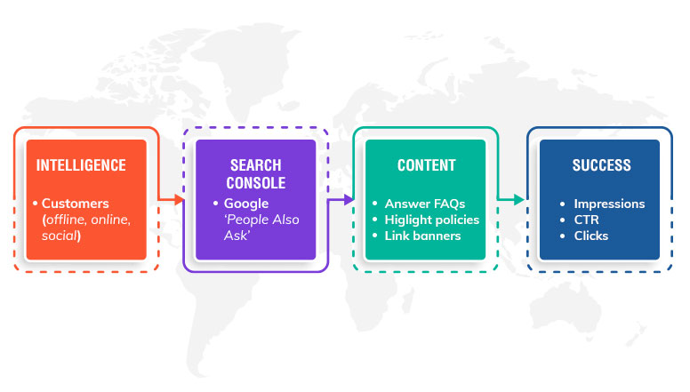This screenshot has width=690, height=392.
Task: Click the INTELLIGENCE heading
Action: pyautogui.click(x=81, y=165)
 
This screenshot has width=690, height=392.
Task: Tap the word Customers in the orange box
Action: pyautogui.click(x=76, y=204)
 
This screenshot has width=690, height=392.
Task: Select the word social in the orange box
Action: pyautogui.click(x=60, y=236)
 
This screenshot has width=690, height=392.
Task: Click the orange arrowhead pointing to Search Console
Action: pyautogui.click(x=179, y=200)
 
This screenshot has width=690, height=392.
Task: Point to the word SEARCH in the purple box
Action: pyautogui.click(x=256, y=165)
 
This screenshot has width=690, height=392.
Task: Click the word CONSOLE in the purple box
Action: pyautogui.click(x=256, y=183)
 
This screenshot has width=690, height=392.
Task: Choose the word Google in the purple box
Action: pyautogui.click(x=246, y=204)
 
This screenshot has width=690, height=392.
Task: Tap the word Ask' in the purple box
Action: pyautogui.click(x=237, y=236)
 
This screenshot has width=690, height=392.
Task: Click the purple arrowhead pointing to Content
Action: pyautogui.click(x=349, y=200)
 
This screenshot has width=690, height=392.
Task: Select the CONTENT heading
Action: pyautogui.click(x=427, y=165)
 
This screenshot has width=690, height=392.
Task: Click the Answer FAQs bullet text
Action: pyautogui.click(x=425, y=204)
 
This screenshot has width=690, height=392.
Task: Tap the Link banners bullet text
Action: pyautogui.click(x=422, y=236)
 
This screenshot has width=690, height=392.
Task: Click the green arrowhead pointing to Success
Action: pyautogui.click(x=518, y=200)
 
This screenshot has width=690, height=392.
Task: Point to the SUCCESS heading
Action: pyautogui.click(x=601, y=165)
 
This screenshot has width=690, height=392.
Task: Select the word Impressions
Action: pyautogui.click(x=609, y=204)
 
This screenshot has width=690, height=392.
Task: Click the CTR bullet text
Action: pyautogui.click(x=586, y=220)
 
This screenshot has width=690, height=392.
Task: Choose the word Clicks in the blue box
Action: pyautogui.click(x=591, y=236)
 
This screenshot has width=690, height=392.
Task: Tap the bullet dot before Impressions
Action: pyautogui.click(x=562, y=204)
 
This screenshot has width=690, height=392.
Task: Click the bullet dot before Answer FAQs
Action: pyautogui.click(x=375, y=204)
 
